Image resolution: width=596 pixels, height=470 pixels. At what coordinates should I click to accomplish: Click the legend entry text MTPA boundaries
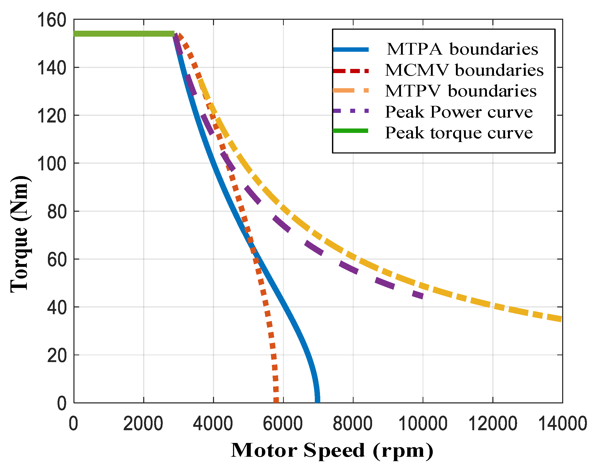(462, 49)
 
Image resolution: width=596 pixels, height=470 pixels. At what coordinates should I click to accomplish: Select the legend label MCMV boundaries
(464, 70)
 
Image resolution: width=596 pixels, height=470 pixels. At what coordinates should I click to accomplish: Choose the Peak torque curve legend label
(459, 133)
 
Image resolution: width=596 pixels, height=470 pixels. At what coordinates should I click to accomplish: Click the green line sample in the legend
(350, 131)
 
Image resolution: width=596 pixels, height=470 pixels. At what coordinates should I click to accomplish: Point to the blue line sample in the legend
(350, 49)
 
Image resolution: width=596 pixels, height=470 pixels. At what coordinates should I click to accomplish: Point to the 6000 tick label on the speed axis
(283, 424)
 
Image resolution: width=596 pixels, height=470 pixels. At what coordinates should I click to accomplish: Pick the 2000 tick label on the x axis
(143, 424)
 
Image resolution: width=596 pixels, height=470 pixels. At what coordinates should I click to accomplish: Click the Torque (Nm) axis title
(19, 234)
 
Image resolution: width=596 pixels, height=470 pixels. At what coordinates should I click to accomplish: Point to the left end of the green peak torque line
(75, 34)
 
